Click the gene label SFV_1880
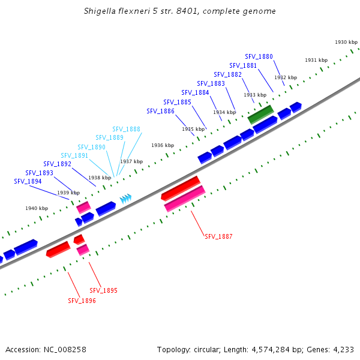point(259,57)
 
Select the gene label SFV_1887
point(218,237)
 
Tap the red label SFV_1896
point(82,301)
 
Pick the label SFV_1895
point(103,290)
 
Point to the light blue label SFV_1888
point(126,130)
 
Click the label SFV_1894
point(28,182)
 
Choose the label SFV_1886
point(160,112)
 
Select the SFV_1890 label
point(91,148)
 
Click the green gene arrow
point(261,113)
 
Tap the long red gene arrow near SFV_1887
point(180,188)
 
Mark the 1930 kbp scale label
point(346,43)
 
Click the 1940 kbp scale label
point(36,209)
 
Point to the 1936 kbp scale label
point(163,146)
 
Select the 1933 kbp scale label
point(254,95)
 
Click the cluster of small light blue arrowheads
point(125,198)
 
